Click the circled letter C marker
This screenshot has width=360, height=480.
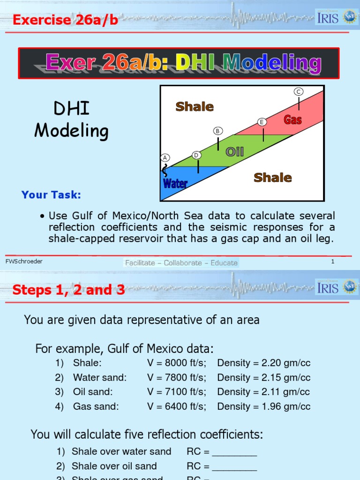click(299, 91)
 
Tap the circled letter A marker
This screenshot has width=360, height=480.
click(165, 157)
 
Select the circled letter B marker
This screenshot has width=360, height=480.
click(217, 131)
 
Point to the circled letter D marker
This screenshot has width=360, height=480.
click(197, 155)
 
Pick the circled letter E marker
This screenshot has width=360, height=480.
click(262, 122)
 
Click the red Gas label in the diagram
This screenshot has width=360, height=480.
click(292, 120)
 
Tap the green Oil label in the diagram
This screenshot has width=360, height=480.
click(235, 151)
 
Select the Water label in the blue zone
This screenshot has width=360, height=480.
click(175, 183)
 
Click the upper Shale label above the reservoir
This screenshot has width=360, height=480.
click(195, 107)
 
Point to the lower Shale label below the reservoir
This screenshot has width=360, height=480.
click(272, 178)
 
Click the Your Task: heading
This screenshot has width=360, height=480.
click(51, 195)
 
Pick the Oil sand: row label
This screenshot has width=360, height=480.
click(93, 392)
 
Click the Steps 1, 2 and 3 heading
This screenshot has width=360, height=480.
click(68, 290)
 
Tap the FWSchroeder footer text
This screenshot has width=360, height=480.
click(24, 262)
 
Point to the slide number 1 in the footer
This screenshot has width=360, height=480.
click(332, 262)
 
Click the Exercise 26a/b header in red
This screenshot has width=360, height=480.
click(65, 20)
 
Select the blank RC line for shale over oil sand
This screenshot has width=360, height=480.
click(234, 467)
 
